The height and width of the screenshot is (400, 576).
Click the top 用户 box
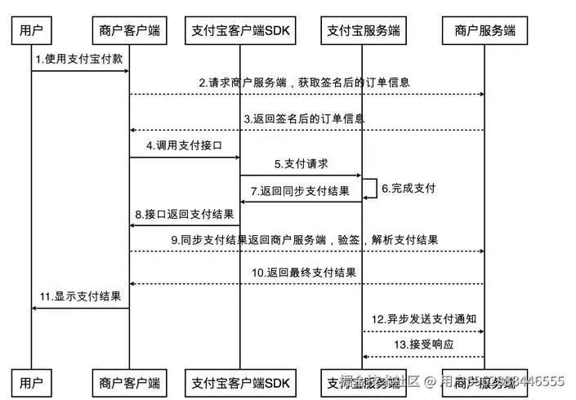click(31, 31)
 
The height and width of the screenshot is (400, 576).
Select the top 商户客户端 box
click(129, 31)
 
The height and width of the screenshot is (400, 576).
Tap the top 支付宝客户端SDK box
click(239, 31)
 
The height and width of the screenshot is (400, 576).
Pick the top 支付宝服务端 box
click(363, 31)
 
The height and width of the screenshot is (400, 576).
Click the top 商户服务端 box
click(484, 31)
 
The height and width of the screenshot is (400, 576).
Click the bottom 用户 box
click(31, 381)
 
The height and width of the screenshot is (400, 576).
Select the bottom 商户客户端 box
click(129, 381)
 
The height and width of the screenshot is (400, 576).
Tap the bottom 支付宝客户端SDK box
click(239, 381)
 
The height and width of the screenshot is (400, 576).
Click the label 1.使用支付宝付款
click(80, 60)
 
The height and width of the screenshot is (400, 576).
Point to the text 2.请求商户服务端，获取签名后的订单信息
click(304, 82)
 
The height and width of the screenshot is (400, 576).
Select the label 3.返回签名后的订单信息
click(304, 118)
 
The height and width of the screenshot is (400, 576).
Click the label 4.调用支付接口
click(183, 144)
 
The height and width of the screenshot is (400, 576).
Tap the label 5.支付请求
click(301, 163)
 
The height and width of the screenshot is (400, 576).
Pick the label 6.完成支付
click(409, 188)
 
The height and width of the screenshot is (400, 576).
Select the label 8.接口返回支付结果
click(184, 214)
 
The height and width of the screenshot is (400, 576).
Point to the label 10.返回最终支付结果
click(304, 272)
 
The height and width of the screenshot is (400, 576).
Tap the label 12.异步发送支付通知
click(423, 319)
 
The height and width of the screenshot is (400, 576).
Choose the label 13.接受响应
click(423, 344)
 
